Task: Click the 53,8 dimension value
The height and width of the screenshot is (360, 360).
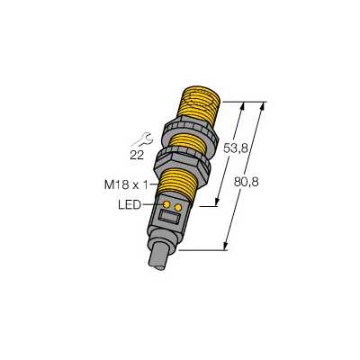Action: click(236, 148)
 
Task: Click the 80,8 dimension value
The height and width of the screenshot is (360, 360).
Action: click(246, 182)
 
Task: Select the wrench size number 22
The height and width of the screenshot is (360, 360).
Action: click(137, 155)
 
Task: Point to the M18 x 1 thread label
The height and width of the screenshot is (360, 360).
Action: click(126, 185)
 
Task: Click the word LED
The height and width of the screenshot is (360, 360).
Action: click(130, 205)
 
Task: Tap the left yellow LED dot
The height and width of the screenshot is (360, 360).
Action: click(166, 204)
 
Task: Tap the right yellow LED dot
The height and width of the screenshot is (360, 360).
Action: click(178, 207)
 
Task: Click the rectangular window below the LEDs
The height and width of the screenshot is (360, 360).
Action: click(169, 216)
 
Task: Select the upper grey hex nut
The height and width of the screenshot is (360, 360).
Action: click(190, 133)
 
